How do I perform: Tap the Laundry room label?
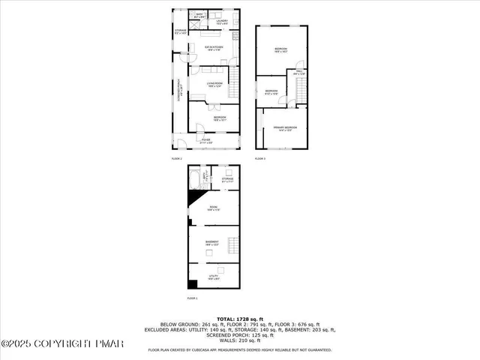[223, 22]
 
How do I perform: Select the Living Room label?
[215, 84]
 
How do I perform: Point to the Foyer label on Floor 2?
[205, 141]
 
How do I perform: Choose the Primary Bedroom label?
[285, 128]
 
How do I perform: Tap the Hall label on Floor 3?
[298, 73]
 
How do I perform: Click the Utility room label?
[214, 277]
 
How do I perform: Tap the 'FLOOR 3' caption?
[260, 159]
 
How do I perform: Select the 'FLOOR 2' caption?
[177, 159]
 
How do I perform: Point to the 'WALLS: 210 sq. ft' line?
[239, 341]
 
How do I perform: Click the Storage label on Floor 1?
[226, 180]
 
